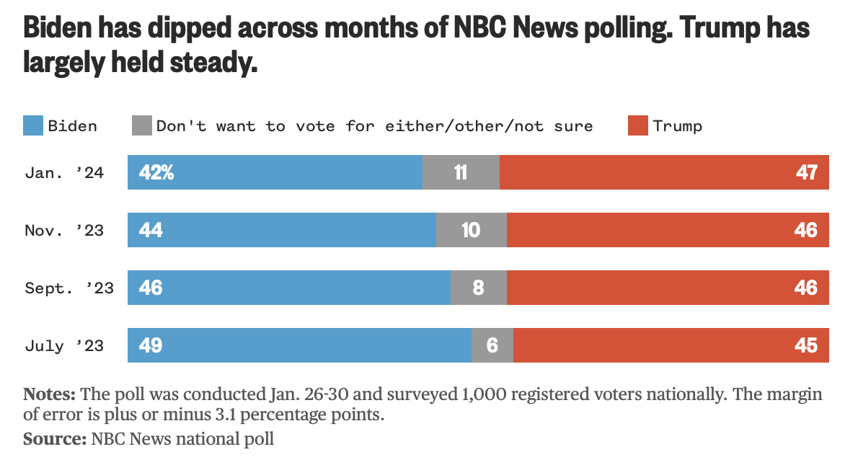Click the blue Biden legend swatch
pos(33,125)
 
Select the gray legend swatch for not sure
pos(142,125)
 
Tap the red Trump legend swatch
pos(639,125)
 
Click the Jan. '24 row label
pos(64,173)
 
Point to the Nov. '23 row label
pos(64,231)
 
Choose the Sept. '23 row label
pos(69,288)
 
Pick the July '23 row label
pos(64,346)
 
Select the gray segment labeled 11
pos(461,173)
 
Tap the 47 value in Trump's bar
pos(807,173)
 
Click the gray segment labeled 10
pos(471,231)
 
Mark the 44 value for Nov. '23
pos(151,231)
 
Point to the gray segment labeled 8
pos(478,288)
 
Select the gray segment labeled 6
pos(492,346)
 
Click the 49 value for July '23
pos(151,346)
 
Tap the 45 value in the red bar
pos(807,346)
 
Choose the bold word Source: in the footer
pos(55,438)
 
